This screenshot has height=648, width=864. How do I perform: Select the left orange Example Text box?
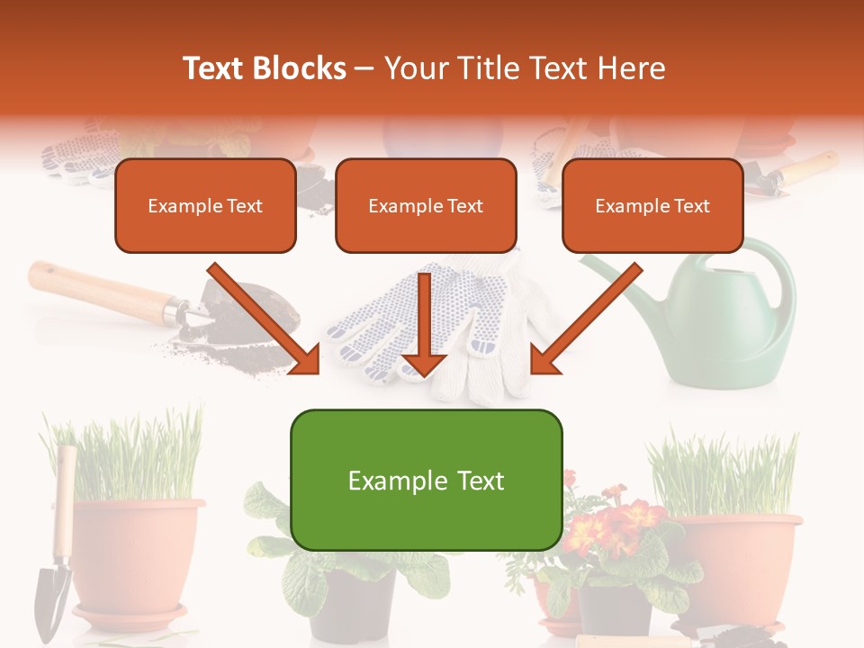205,206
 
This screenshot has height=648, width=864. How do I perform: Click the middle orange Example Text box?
426,206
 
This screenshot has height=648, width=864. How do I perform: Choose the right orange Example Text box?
652,206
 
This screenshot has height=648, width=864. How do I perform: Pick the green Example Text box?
426,481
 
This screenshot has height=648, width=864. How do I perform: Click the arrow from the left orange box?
265,319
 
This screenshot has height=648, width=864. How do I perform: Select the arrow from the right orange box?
585,319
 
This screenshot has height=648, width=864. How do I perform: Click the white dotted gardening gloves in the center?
468,333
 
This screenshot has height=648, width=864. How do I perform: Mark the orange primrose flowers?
621,517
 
